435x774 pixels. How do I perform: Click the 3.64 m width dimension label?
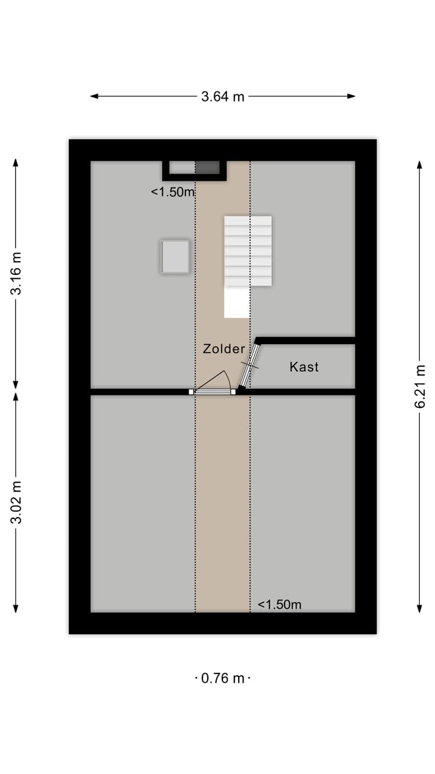(223, 96)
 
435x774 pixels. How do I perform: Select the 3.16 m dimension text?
(16, 273)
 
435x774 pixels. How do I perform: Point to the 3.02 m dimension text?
(16, 502)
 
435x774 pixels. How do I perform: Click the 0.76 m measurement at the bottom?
(223, 678)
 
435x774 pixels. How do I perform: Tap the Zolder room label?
(224, 349)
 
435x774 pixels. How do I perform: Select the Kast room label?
(304, 366)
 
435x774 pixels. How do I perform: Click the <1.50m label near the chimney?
(173, 192)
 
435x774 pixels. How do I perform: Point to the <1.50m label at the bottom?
(279, 604)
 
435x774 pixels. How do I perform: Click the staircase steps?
(248, 251)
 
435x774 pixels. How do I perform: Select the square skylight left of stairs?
(175, 256)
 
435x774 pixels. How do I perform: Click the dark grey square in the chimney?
(207, 167)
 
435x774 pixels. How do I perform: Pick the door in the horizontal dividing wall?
(213, 392)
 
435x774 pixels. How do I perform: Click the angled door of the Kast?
(248, 366)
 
